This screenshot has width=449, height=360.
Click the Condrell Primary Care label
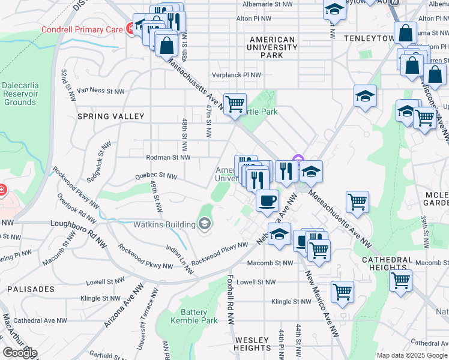[x=82, y=29]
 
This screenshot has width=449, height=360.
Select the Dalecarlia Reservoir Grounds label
[x=20, y=94]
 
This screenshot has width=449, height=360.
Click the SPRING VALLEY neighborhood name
[x=110, y=116]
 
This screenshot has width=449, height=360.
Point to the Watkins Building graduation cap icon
[x=205, y=224]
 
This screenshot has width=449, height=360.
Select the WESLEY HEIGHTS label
[x=252, y=344]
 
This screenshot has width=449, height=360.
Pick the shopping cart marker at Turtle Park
[x=235, y=103]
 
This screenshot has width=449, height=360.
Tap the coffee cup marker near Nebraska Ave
[x=267, y=200]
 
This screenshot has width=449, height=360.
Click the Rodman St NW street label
[x=168, y=158]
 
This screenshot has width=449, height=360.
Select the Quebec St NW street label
[x=155, y=176]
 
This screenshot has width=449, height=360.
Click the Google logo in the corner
[x=19, y=353]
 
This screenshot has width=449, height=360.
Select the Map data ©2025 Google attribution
[x=412, y=355]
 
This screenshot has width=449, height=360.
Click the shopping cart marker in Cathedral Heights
[x=400, y=280]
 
